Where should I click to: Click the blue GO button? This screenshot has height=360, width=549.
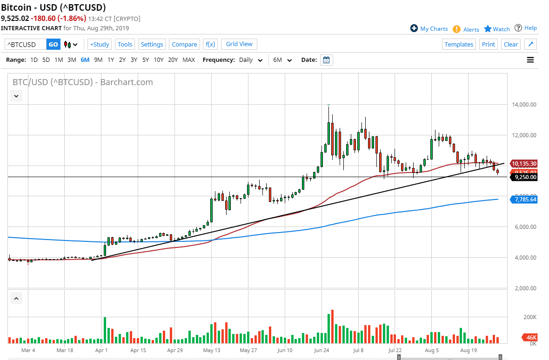point(53,44)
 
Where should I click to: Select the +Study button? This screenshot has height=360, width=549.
point(100,44)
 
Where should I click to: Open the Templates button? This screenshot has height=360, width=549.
point(459,44)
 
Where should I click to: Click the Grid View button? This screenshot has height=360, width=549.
point(239,44)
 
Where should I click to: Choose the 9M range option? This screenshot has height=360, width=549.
point(98,60)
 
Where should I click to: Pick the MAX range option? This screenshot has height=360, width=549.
point(188,60)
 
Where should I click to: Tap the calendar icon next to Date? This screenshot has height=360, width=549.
point(326,60)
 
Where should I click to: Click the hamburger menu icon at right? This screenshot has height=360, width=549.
point(530,60)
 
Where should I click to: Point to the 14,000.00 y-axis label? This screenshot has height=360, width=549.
point(523,105)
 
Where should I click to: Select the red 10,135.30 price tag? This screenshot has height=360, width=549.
point(524,164)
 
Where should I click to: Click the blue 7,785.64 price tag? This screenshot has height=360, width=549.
point(524,200)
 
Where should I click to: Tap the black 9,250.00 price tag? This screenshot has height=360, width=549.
point(524,177)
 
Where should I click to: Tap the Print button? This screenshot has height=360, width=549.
point(488,44)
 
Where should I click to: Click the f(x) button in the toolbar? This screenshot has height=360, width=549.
point(210,44)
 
